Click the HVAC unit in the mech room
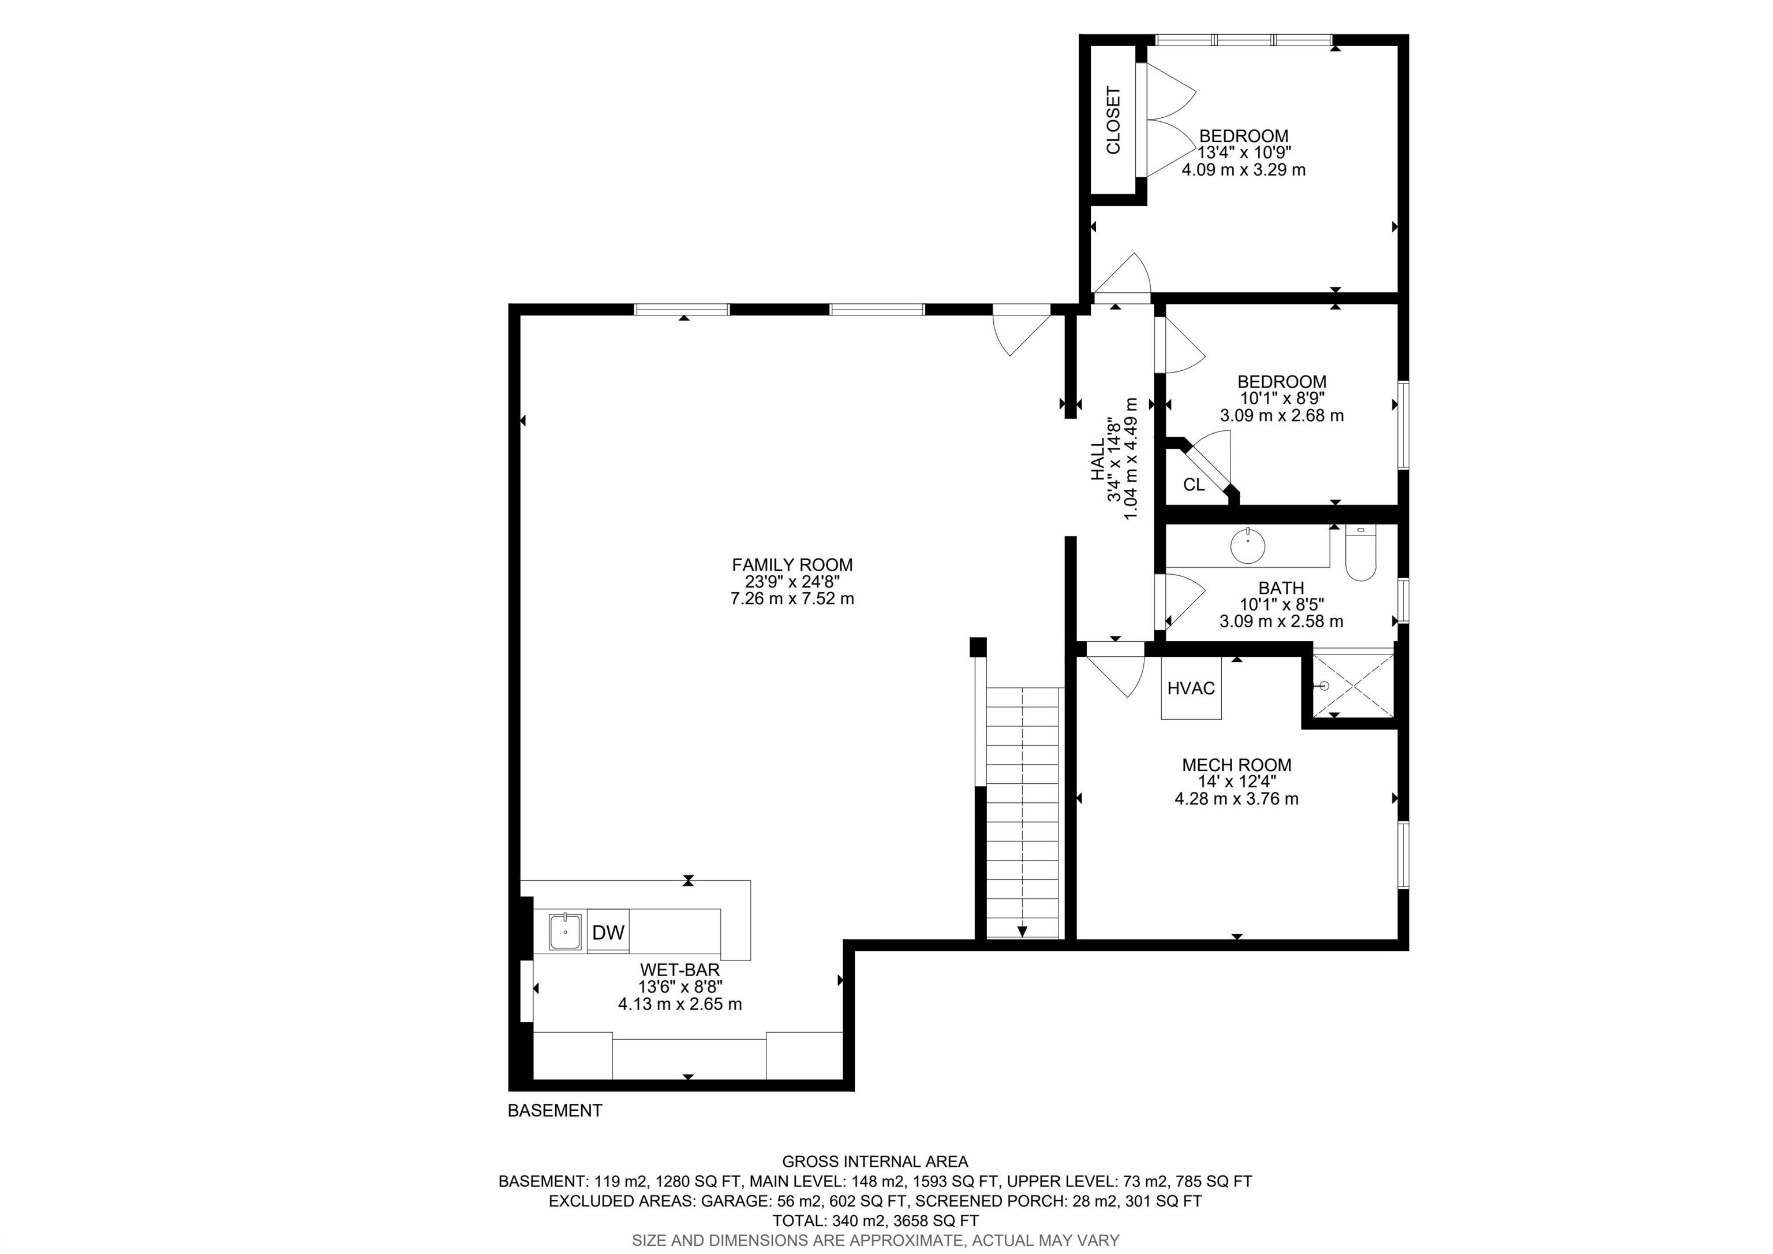tap(1191, 688)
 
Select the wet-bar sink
tap(567, 932)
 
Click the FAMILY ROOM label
tap(792, 565)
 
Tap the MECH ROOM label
tap(1236, 765)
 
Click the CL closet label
tap(1194, 485)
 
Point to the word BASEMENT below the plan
tap(555, 1110)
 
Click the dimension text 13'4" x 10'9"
tap(1244, 152)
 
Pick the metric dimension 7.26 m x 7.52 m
tap(792, 599)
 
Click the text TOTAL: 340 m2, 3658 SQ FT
tap(875, 1220)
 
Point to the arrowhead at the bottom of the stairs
tap(1022, 932)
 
